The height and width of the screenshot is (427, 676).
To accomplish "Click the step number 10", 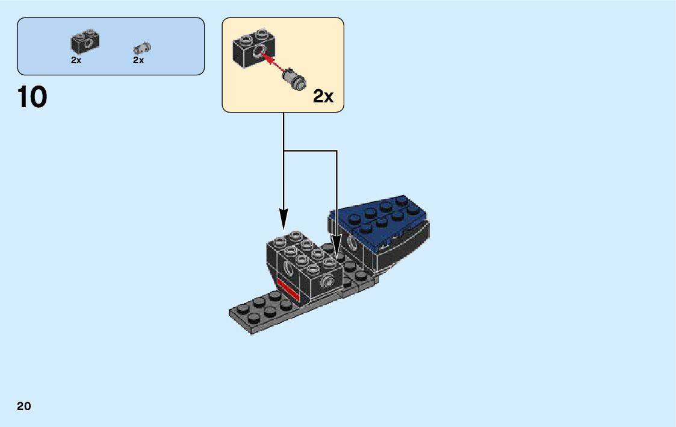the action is point(33,98).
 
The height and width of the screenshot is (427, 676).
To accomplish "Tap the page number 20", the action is point(24,406).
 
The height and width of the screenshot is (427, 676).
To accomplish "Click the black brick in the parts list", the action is point(85,41).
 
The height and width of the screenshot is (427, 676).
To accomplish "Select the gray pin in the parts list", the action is point(143,48).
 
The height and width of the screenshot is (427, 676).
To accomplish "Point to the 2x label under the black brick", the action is point(76,60).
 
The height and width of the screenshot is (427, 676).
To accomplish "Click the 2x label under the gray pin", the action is point(138,60).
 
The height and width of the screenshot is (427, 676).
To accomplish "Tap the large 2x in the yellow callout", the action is point(323,96).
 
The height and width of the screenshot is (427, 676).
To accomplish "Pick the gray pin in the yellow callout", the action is point(296,79).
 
